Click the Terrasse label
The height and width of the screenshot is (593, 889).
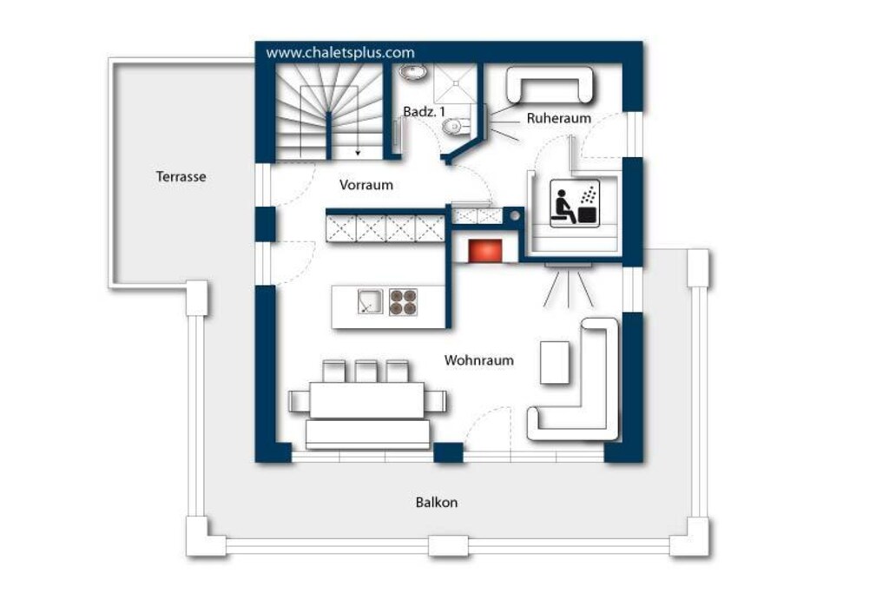coord(181,176)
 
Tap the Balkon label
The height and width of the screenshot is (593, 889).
coord(437,503)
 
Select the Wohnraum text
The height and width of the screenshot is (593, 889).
coord(479,360)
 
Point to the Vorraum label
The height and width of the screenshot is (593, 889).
coord(366,185)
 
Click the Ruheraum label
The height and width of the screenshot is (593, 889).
coord(559,118)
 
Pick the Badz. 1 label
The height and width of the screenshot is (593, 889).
coord(424,112)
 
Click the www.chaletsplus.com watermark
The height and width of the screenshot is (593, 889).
coord(340,53)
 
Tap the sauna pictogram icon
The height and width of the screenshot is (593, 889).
coord(575,203)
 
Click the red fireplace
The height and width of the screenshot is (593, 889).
coord(484,251)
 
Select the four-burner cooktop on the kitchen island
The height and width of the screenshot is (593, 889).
coord(403,301)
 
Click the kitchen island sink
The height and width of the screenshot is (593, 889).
coord(370,301)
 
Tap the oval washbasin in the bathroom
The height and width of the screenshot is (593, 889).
coord(414,72)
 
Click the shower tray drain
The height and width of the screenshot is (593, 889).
coord(456,83)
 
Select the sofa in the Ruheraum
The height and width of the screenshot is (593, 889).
coord(550,85)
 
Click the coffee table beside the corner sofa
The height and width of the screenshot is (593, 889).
coord(555,363)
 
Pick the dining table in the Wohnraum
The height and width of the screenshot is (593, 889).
coord(367,400)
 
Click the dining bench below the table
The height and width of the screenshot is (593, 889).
coord(367,434)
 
